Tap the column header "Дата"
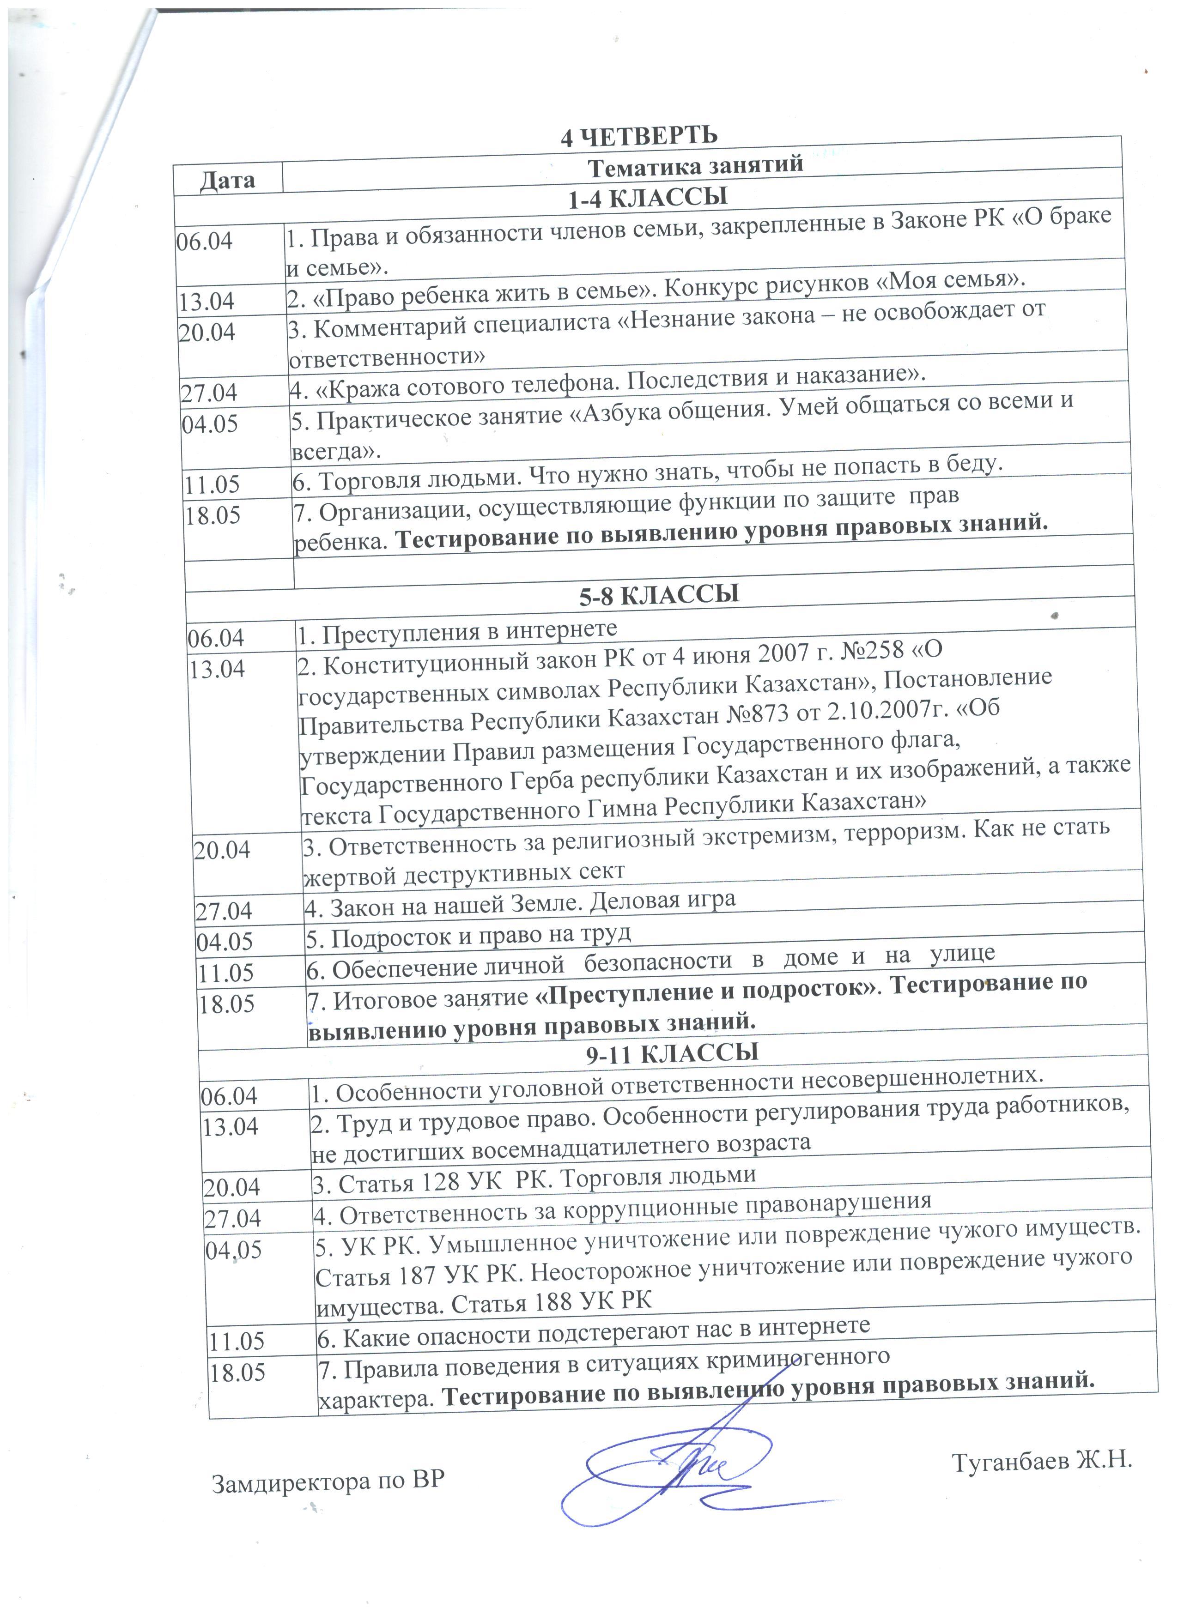(227, 179)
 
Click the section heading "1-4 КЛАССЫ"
(647, 198)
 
